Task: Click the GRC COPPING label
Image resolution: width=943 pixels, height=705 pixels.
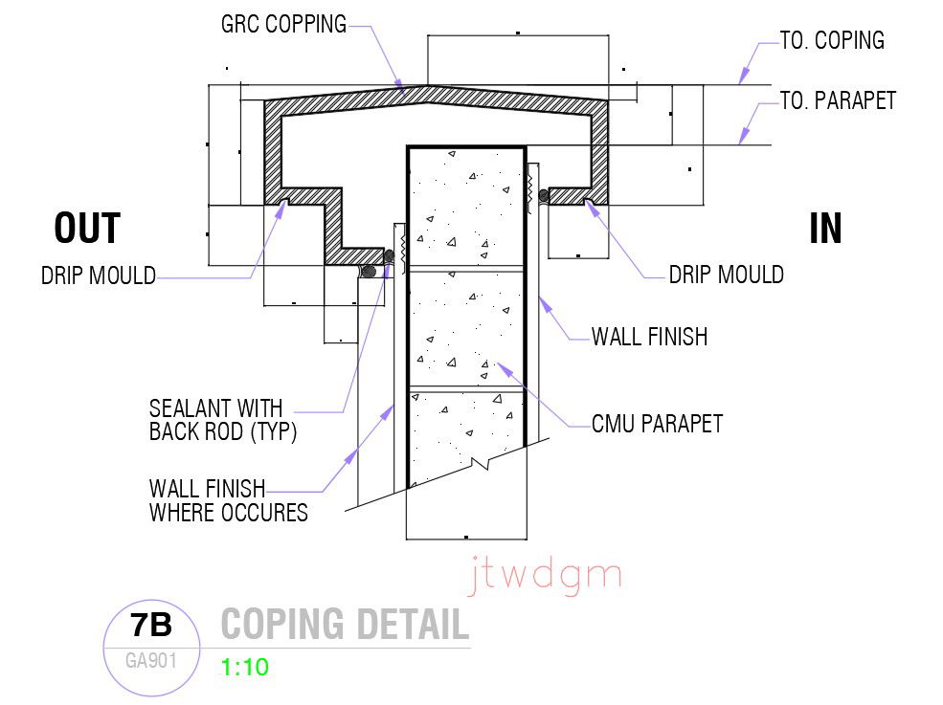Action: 283,24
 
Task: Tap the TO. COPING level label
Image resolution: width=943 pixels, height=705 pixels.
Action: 831,40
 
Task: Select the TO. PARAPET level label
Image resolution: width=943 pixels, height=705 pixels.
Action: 838,100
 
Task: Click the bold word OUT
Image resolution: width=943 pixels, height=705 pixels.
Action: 87,230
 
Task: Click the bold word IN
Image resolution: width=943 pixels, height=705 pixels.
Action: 825,230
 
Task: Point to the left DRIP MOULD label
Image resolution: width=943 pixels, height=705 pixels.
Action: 98,276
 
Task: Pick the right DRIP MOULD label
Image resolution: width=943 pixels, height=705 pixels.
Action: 726,275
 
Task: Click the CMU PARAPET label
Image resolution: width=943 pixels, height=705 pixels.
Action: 657,423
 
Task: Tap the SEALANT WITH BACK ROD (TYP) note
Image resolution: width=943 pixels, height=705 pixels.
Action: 222,420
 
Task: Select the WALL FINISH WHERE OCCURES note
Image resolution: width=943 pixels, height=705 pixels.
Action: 228,500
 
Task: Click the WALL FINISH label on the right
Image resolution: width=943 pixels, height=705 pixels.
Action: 649,336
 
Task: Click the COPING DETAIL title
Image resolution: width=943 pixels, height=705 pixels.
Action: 345,625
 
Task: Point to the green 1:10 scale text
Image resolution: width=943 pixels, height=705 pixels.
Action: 244,667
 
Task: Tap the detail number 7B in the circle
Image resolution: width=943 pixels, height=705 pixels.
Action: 150,626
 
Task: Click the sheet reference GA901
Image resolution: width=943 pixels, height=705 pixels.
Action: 151,660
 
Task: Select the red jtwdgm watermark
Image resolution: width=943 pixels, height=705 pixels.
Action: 546,577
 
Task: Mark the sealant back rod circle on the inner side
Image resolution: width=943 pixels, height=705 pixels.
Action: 544,196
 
